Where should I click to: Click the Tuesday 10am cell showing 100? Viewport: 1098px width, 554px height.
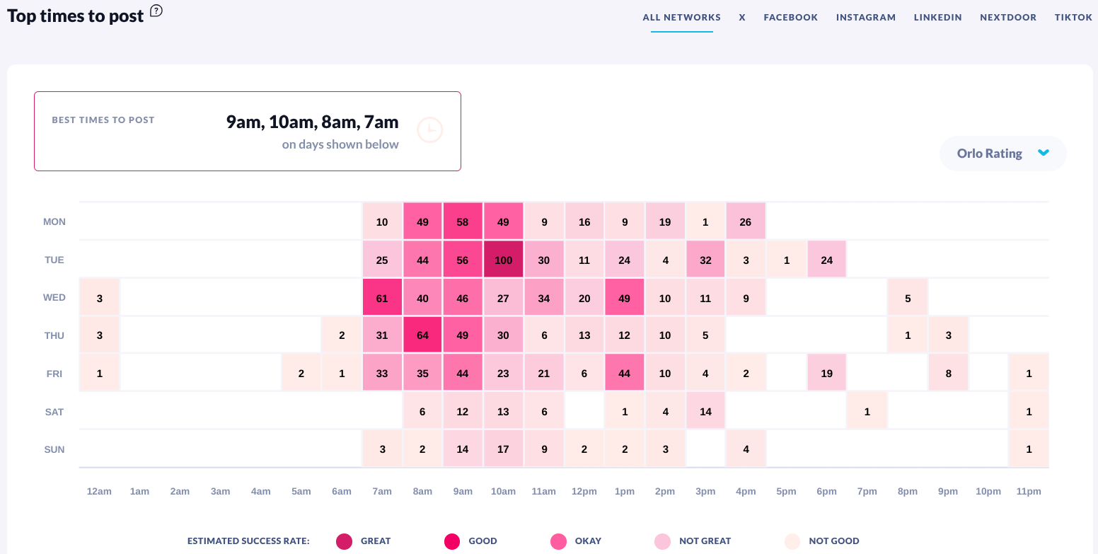tap(503, 260)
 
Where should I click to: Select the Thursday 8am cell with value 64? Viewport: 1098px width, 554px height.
tap(422, 335)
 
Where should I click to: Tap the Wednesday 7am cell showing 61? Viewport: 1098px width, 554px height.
tap(382, 298)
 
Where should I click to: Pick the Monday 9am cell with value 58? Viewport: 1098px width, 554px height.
tap(463, 221)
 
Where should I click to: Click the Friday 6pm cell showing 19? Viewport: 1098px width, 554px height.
tap(826, 374)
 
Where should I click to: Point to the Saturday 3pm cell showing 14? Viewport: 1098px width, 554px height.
tap(705, 412)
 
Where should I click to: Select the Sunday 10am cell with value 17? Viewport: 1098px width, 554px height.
tap(503, 449)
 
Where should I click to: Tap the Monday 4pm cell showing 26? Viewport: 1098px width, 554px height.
tap(746, 221)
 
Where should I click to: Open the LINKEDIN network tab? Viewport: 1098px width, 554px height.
tap(937, 18)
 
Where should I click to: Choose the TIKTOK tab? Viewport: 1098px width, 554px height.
tap(1073, 18)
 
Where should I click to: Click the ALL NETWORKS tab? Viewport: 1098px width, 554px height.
tap(681, 18)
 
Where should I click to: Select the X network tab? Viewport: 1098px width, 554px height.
tap(742, 18)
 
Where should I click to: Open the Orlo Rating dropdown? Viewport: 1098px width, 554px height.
tap(1002, 154)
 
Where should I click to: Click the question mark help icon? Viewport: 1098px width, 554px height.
tap(156, 11)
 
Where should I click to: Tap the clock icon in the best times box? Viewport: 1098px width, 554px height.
tap(429, 130)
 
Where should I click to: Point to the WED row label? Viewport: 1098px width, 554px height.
tap(54, 298)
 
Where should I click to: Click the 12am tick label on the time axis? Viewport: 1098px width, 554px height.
tap(99, 492)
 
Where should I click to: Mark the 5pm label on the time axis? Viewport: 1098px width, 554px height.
tap(786, 492)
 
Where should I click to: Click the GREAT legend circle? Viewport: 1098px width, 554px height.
tap(345, 541)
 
